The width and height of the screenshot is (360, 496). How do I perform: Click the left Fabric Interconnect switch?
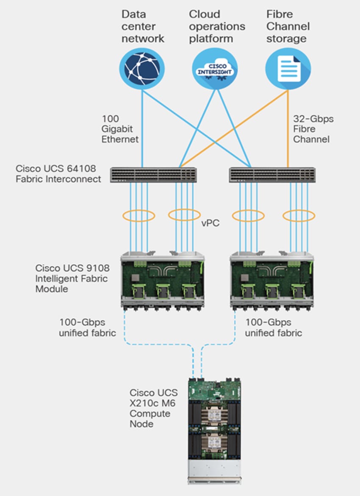coord(153,175)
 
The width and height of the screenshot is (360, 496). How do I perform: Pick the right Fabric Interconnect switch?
coord(272,175)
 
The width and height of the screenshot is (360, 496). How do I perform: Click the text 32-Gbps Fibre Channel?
coord(313,129)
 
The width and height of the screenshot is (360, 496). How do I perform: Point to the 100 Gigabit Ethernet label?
coord(119,129)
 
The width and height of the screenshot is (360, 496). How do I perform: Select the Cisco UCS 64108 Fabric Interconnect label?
coord(58,173)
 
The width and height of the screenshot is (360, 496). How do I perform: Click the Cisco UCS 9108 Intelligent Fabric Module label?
coord(72,279)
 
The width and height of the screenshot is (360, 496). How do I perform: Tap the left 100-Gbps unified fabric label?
coord(87,327)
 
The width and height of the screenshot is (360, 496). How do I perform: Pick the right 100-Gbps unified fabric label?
coord(274,327)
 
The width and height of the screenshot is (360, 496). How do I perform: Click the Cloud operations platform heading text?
coord(217,26)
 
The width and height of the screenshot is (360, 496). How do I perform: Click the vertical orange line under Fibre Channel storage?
coord(288,127)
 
